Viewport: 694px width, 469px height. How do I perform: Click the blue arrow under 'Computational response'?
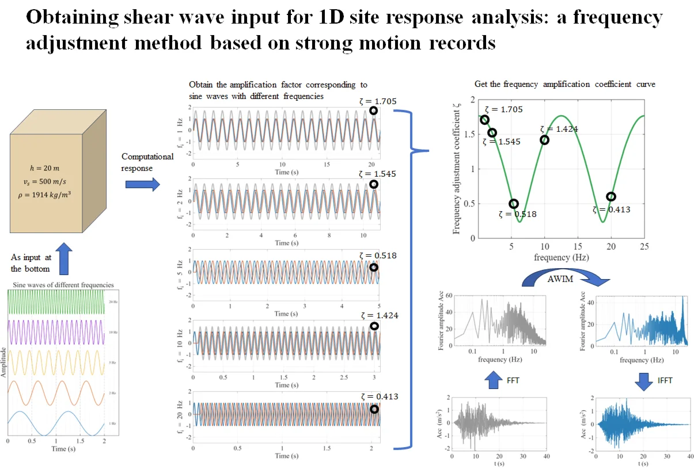click(x=143, y=184)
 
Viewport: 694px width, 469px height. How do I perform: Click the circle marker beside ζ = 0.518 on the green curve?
click(x=514, y=204)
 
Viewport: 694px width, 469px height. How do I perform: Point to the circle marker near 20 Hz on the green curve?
click(x=611, y=197)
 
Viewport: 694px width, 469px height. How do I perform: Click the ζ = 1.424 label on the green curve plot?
click(x=559, y=129)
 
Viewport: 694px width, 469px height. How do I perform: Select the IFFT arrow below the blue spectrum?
click(x=634, y=380)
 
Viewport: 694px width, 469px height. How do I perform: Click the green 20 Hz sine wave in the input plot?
click(x=55, y=303)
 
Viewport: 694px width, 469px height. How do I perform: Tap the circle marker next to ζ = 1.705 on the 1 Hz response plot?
click(x=373, y=110)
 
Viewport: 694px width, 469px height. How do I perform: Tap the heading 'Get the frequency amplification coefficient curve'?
click(x=564, y=84)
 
